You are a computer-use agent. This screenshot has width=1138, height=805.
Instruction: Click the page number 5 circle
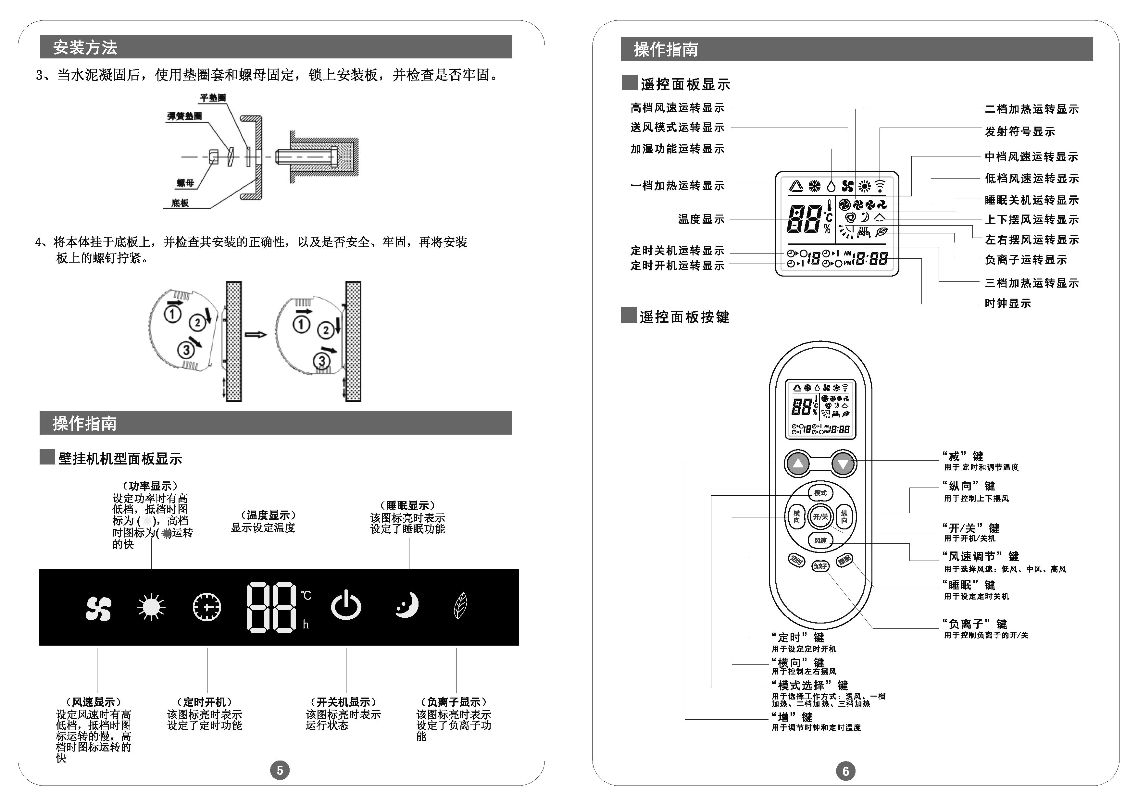pos(280,770)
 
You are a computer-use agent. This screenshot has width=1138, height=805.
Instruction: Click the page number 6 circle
pos(845,771)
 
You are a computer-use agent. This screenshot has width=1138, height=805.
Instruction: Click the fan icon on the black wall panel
pos(98,608)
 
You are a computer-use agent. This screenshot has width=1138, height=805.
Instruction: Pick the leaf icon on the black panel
pos(460,605)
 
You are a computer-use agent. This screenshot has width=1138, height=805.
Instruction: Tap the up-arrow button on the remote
pos(797,464)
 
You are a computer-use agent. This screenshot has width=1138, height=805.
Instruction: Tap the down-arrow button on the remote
pos(843,464)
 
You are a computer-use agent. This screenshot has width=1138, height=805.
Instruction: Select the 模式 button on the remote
pos(820,493)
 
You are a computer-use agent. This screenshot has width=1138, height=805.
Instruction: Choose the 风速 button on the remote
pos(820,540)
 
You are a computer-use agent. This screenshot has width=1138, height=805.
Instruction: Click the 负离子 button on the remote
pos(820,566)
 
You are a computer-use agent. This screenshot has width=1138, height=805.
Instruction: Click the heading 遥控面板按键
pos(684,317)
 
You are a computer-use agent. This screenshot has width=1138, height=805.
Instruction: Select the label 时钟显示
pos(1007,303)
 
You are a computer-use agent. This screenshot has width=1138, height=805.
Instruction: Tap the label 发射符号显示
pos(1019,132)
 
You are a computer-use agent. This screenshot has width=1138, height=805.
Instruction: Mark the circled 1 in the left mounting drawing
pos(172,314)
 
